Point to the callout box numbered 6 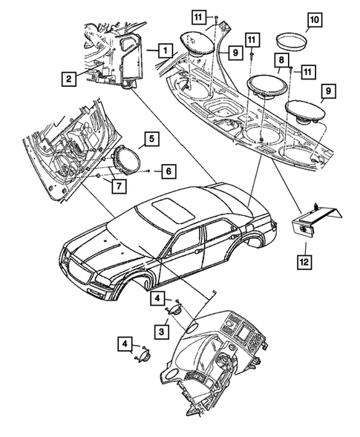point(168,171)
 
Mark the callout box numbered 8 point(282,59)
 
